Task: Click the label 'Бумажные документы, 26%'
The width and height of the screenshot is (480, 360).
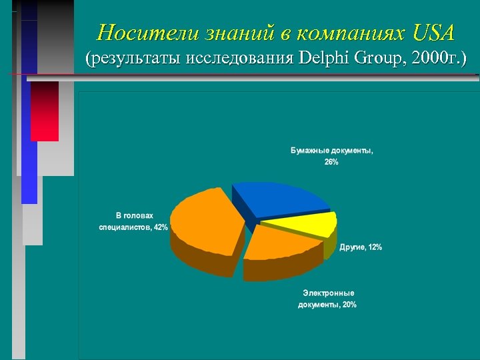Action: tap(331, 156)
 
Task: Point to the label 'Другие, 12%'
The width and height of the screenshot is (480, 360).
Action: tap(361, 247)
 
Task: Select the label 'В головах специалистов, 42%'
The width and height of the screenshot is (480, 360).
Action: tap(134, 221)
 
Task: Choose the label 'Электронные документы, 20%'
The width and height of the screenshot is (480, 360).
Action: tap(327, 299)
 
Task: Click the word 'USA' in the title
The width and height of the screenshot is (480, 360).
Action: tap(433, 32)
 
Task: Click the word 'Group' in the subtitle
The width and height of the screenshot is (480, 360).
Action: tap(377, 59)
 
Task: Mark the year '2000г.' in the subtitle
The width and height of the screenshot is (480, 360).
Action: tap(436, 59)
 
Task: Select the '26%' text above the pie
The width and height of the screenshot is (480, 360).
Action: tap(331, 162)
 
